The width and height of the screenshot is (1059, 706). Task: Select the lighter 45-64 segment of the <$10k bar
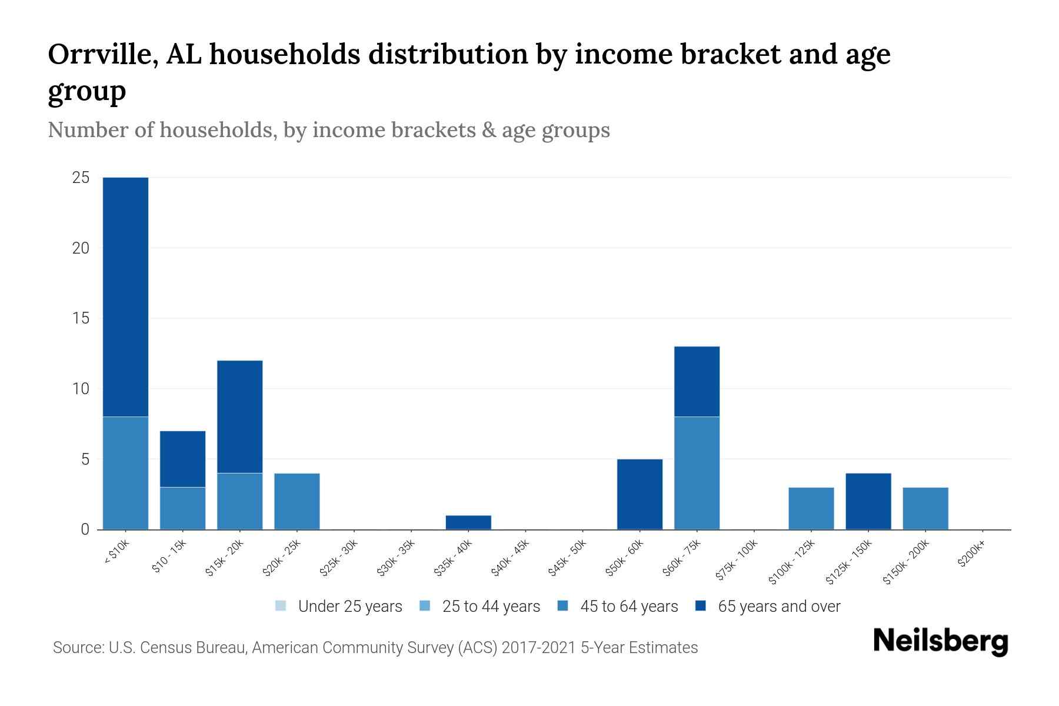pos(125,473)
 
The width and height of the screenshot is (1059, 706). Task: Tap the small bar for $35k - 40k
pos(468,522)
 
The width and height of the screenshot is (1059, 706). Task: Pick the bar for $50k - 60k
pos(640,494)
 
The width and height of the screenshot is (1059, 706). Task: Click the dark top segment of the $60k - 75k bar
pos(697,381)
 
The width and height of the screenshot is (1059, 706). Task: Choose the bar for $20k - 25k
pos(297,501)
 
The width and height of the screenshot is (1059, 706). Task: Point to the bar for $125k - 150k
pos(868,501)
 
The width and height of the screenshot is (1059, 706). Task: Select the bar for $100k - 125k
pos(811,508)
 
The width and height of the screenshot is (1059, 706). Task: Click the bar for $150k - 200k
pos(925,508)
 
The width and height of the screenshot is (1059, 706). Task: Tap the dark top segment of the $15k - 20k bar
pos(240,417)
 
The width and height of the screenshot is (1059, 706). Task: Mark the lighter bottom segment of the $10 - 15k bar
pos(183,508)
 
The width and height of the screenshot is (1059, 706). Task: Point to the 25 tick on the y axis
pos(81,178)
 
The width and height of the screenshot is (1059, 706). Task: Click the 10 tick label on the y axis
pos(81,389)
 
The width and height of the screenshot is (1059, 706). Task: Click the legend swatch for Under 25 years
pos(281,606)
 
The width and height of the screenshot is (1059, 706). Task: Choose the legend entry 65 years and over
pos(779,607)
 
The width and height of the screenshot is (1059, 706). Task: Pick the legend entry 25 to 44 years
pos(491,607)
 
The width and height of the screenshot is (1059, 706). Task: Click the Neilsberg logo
pos(941,642)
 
